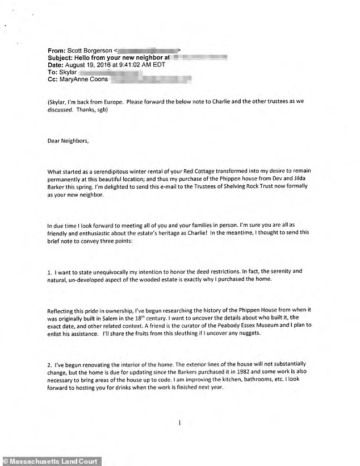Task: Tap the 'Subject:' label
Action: click(62, 57)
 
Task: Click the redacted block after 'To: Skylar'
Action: click(105, 73)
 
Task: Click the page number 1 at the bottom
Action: click(179, 423)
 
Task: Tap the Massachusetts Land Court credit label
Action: click(51, 461)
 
